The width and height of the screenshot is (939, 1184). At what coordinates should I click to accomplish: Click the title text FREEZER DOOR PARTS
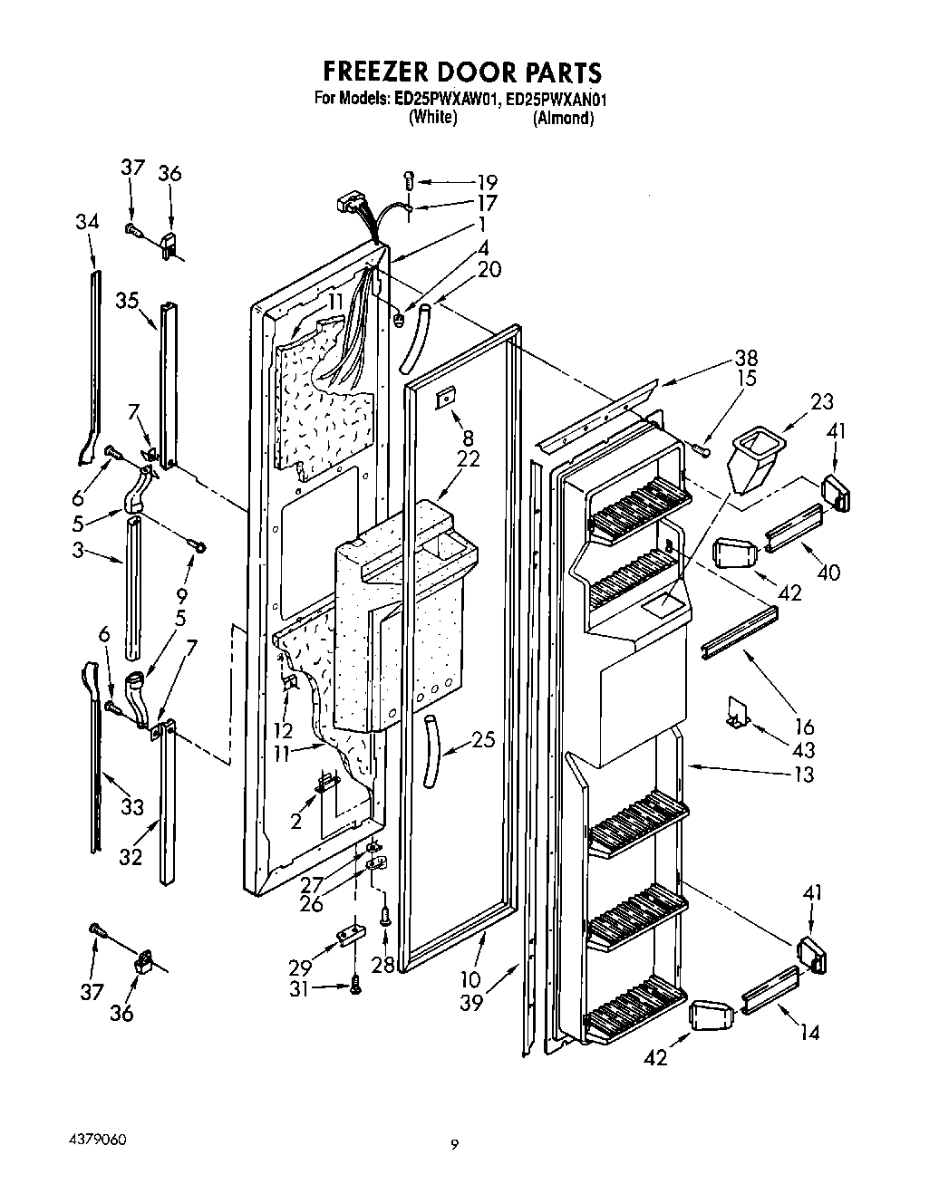coord(462,72)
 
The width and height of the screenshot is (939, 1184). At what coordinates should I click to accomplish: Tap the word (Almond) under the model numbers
coord(563,118)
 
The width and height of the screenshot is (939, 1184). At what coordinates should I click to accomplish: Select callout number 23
coord(822,402)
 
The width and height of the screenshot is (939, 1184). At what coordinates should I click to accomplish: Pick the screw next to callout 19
coord(408,180)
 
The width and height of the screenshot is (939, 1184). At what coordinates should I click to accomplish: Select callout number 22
coord(469,460)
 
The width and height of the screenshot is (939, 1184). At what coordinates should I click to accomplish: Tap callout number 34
coord(87,222)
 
